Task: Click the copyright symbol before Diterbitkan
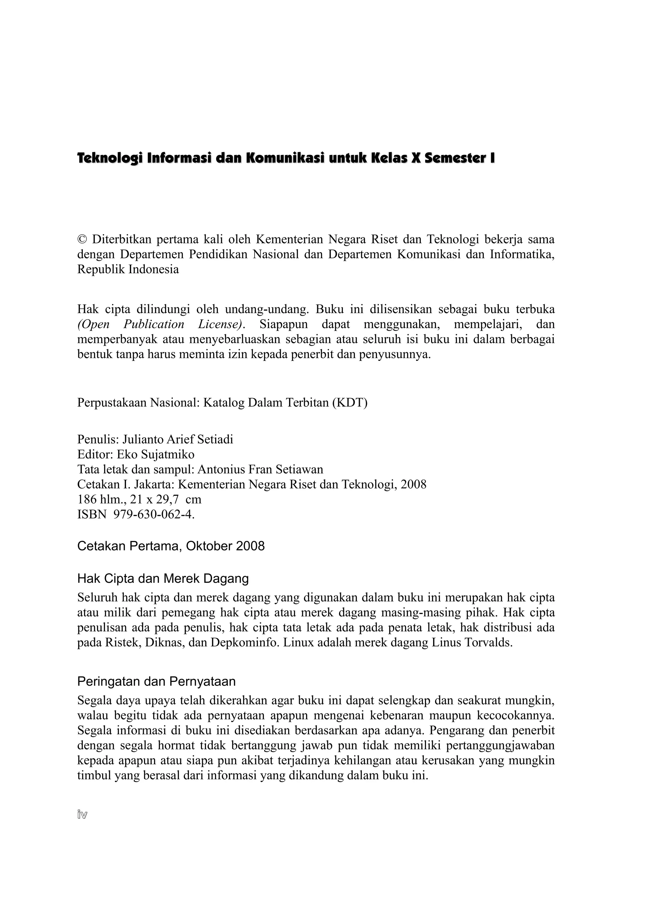[x=82, y=240]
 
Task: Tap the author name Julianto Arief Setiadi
[x=178, y=440]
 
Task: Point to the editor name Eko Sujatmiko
[x=155, y=454]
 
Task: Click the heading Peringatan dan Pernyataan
[x=156, y=681]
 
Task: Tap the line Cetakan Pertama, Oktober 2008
[x=171, y=546]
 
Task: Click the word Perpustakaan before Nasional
[x=112, y=403]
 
